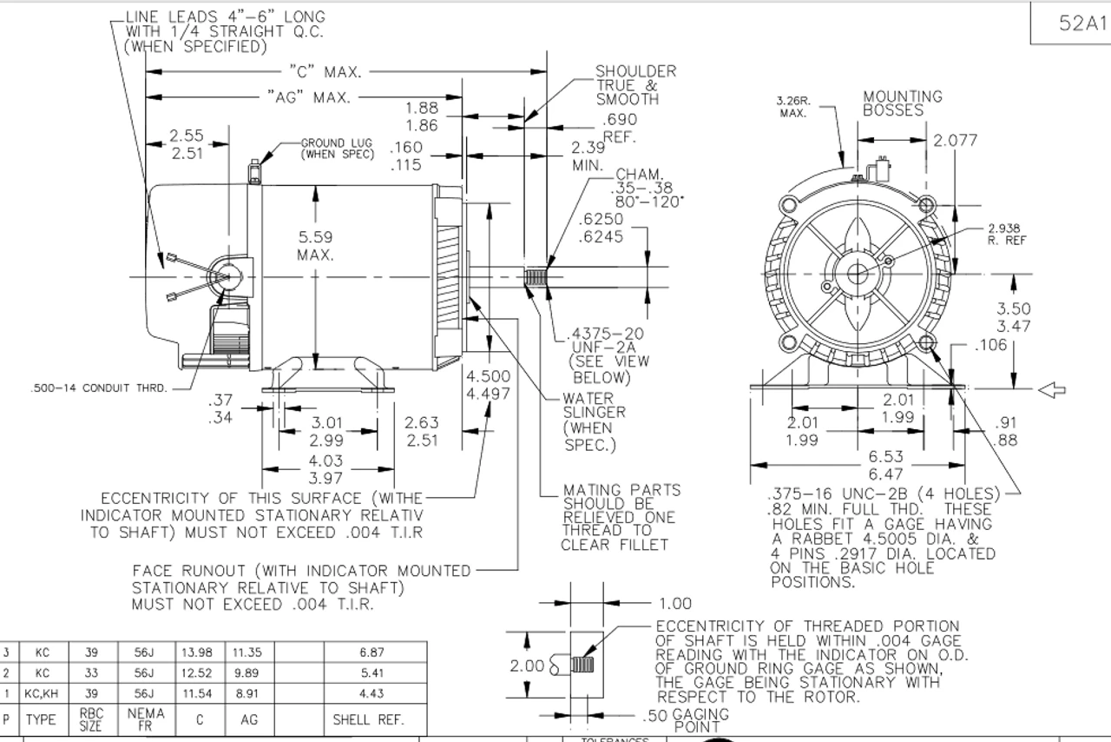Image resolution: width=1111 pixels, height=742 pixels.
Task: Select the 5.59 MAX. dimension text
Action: click(x=315, y=245)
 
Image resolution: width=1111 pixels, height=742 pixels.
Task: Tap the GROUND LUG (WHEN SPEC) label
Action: click(x=338, y=149)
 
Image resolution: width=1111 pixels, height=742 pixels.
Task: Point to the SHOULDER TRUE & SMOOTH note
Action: click(x=634, y=85)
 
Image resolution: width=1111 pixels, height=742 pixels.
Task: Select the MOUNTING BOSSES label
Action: click(x=902, y=103)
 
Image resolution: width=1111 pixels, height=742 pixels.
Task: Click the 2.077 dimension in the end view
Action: click(x=955, y=140)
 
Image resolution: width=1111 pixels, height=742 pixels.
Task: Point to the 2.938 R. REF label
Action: click(x=1007, y=234)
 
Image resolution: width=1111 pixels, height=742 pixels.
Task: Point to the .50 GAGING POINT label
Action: click(x=685, y=719)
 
